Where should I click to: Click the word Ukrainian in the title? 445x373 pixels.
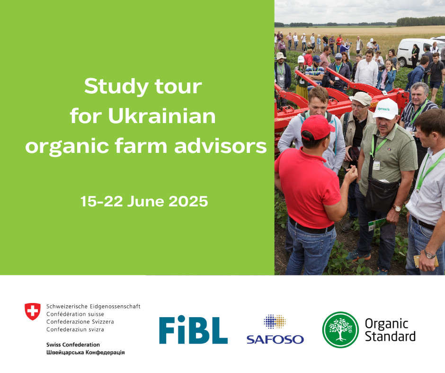click(x=162, y=116)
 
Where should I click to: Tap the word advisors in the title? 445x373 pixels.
click(x=221, y=146)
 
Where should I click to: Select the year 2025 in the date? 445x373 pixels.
click(x=188, y=201)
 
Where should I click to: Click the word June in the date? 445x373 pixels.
click(x=146, y=201)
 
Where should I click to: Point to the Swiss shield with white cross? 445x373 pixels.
click(x=33, y=311)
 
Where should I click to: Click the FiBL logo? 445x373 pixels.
click(x=193, y=329)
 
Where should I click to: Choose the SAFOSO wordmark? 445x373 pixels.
click(x=275, y=339)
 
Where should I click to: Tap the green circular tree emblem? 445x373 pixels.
click(x=340, y=329)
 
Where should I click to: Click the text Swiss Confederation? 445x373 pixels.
click(x=73, y=345)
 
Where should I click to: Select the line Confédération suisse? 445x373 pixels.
click(x=75, y=314)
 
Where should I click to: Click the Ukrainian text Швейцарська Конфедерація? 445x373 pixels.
click(x=85, y=353)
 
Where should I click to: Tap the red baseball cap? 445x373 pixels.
click(x=317, y=127)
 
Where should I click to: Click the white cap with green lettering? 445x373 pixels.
click(x=386, y=108)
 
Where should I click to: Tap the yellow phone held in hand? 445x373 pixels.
click(x=425, y=261)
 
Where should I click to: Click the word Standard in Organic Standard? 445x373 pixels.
click(x=390, y=336)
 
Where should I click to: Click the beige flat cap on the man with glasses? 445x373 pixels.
click(x=361, y=98)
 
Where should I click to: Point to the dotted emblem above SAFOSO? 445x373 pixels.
click(x=275, y=321)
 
